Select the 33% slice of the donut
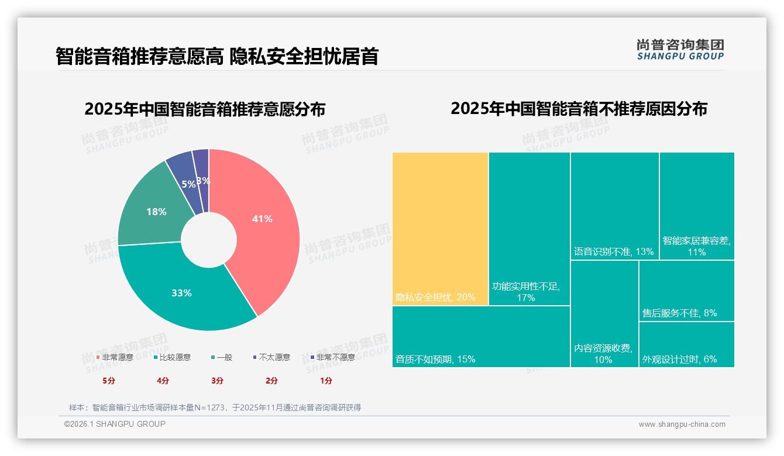coord(181,292)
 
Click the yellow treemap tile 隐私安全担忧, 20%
coord(440,229)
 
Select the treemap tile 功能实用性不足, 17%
coord(529,229)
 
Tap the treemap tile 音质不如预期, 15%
coord(480,337)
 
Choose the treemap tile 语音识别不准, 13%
coord(614,206)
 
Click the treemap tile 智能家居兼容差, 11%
coord(696,206)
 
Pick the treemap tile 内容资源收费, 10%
coord(604,314)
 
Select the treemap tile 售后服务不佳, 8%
coord(686,291)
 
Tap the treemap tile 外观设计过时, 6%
coord(686,345)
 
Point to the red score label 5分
coord(109,381)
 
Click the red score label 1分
coord(326,381)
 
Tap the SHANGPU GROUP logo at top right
coord(680,50)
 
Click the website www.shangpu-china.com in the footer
coord(682,424)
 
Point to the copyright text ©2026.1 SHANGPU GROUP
coord(115,424)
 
